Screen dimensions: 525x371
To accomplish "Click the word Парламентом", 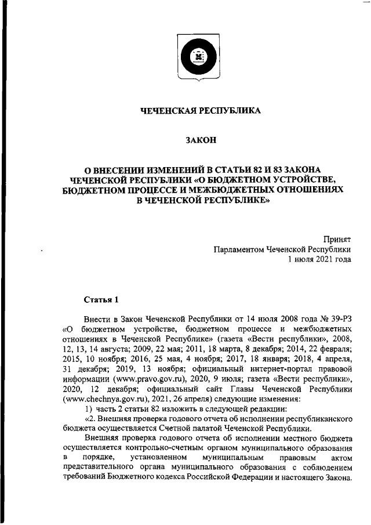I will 238,249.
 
